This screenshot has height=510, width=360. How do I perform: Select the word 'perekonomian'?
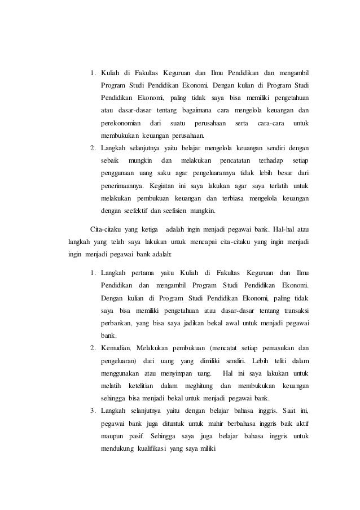pos(121,123)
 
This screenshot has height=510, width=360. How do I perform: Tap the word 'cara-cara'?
pos(270,123)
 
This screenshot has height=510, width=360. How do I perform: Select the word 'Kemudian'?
pos(116,347)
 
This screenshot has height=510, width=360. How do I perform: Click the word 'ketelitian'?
pos(141,385)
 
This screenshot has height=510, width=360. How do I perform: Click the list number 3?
pos(93,410)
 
